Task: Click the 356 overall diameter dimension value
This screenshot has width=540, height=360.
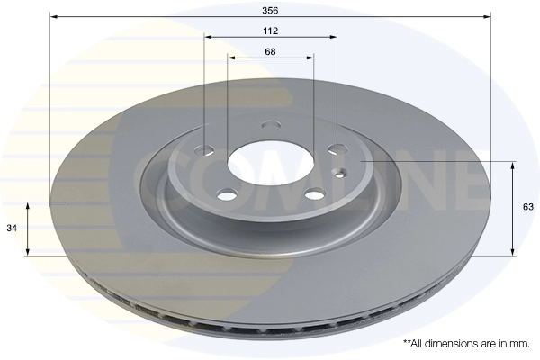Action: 270,10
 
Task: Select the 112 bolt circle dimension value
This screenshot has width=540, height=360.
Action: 270,31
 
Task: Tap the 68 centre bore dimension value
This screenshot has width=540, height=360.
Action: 270,51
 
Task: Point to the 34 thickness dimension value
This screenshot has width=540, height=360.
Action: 11,229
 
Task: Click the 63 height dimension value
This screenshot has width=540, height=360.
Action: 528,207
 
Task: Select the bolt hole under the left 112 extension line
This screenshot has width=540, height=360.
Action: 206,148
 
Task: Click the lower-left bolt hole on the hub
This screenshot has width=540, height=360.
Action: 227,194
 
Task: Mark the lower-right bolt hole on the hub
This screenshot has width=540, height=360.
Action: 312,194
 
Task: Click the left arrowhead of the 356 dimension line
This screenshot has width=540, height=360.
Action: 53,16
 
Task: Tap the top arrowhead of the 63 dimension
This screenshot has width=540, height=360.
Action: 513,166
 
